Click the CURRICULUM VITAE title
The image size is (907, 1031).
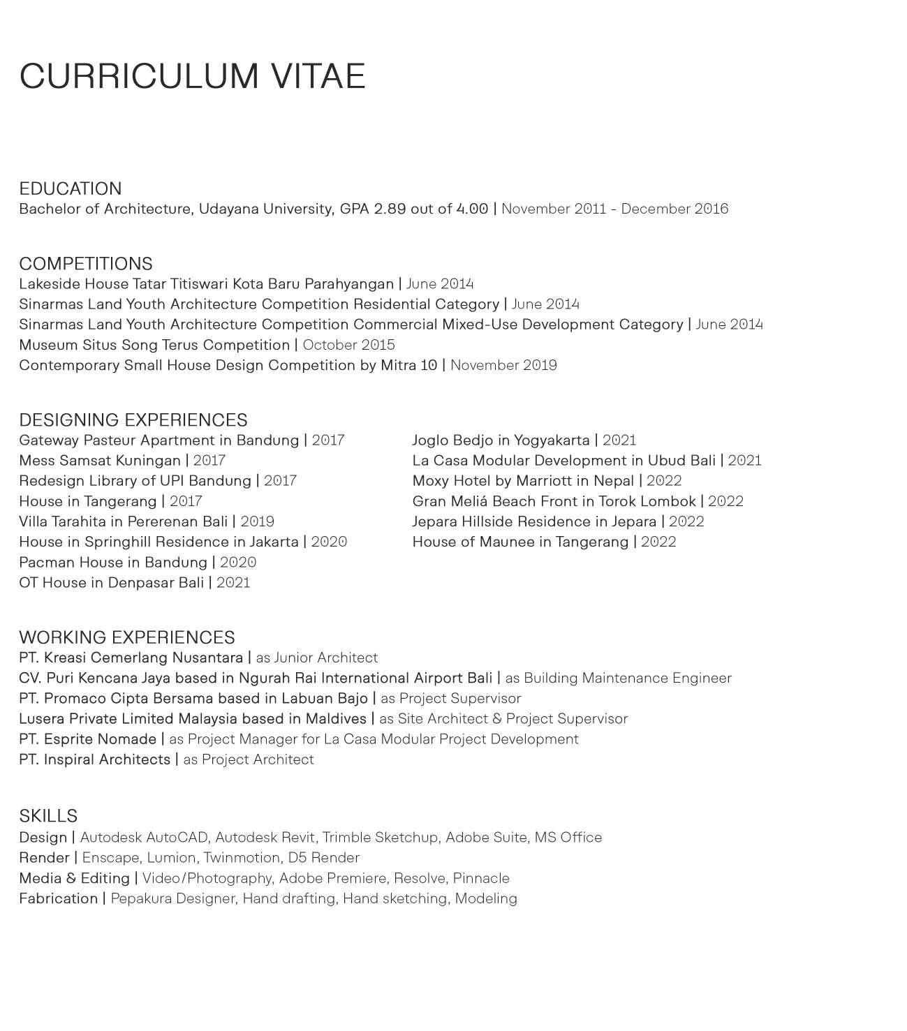192,76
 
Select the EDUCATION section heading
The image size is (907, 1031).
70,188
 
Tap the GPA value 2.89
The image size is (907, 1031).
390,209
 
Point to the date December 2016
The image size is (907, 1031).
674,209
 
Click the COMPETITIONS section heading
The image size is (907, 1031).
85,263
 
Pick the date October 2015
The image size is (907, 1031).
348,345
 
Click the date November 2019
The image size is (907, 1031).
503,365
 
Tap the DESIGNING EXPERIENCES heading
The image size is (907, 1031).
133,420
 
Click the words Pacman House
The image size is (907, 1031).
65,563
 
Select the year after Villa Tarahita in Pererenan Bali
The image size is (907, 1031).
257,521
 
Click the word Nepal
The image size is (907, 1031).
613,481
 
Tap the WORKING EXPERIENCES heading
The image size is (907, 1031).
126,637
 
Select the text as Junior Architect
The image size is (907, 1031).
316,658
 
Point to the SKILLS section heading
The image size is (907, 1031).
48,816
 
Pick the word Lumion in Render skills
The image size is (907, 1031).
171,858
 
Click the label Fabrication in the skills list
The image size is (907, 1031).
58,898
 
